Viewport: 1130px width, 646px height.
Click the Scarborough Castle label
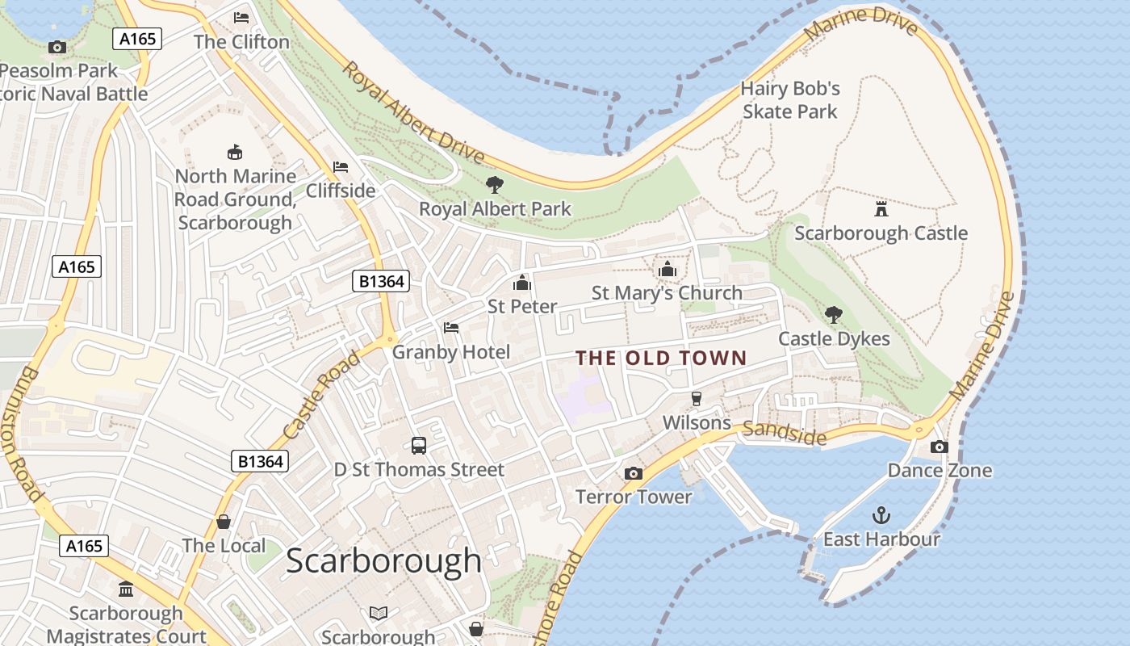(x=881, y=233)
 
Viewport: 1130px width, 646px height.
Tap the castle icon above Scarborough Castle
(x=881, y=209)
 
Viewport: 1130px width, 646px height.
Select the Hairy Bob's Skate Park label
(x=790, y=100)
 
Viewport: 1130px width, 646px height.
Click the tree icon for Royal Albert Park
(x=495, y=185)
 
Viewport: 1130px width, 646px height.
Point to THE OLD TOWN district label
(x=661, y=358)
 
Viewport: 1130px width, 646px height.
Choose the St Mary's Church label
(x=667, y=293)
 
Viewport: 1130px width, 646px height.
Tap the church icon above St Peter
(x=522, y=283)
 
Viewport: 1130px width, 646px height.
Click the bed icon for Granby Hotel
(x=451, y=328)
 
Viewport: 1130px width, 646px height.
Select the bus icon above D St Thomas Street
(x=419, y=445)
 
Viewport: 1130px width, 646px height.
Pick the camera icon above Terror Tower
(x=634, y=473)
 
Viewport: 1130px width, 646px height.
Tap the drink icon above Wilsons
(x=696, y=398)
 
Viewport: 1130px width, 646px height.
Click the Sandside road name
(x=785, y=433)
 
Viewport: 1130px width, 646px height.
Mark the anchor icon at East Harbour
(x=881, y=515)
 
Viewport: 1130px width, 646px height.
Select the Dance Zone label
(x=940, y=470)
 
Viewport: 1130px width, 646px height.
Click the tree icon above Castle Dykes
(x=833, y=314)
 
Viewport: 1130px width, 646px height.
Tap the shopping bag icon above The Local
(x=224, y=522)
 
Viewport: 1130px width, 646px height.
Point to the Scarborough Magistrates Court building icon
(x=126, y=589)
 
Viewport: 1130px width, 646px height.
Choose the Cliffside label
(x=341, y=191)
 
